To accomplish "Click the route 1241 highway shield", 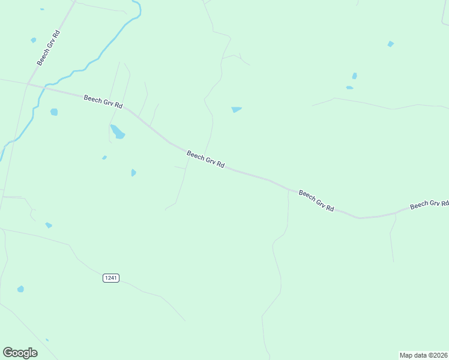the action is [x=111, y=278].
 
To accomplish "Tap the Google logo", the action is [x=20, y=353].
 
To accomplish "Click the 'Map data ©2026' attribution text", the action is [x=424, y=355].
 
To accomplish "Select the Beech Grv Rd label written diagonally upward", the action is [x=47, y=47].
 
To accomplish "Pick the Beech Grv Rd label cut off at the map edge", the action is [x=429, y=205].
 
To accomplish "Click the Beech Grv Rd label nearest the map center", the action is [x=205, y=159].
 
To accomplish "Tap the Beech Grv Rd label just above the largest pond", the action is [x=103, y=101].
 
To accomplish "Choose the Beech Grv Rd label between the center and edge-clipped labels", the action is [x=316, y=200].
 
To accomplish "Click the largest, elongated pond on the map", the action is [x=117, y=131].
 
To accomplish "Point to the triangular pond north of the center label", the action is [x=236, y=110].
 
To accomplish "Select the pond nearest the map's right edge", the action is [x=391, y=44].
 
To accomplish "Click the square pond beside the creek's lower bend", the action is [x=54, y=112].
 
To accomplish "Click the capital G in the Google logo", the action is [x=8, y=352].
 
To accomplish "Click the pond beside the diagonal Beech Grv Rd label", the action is [x=34, y=40].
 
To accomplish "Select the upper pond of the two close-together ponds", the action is [x=354, y=76].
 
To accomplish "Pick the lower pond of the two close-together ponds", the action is [x=349, y=88].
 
